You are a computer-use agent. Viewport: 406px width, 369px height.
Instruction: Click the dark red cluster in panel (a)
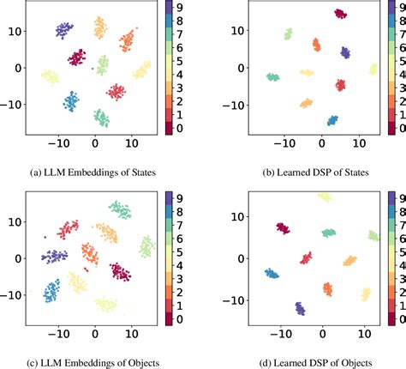tap(77, 58)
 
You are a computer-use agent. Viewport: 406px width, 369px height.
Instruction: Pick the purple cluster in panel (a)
tap(64, 30)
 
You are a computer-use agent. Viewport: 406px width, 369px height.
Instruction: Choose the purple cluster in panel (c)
tap(55, 256)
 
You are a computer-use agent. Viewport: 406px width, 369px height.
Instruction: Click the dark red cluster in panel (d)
tap(283, 228)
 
